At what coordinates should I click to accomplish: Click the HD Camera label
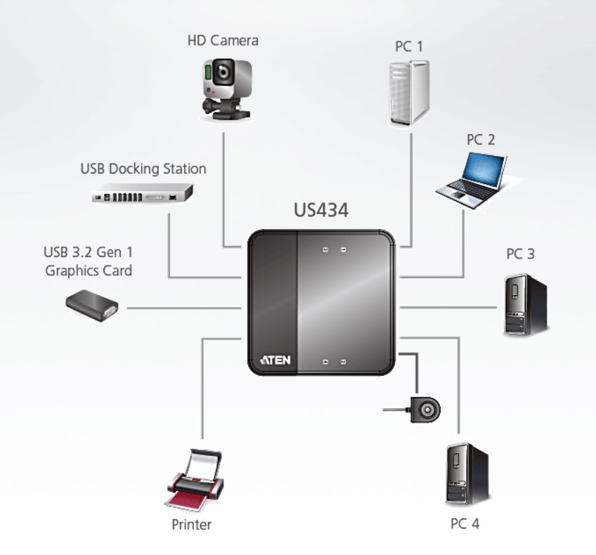[223, 41]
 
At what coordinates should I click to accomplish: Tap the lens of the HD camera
[224, 72]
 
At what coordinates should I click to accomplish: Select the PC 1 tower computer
[409, 93]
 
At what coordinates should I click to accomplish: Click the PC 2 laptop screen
[484, 169]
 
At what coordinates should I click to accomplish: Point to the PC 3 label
[520, 254]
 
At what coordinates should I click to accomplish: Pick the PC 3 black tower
[526, 305]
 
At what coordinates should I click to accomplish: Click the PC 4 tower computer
[467, 474]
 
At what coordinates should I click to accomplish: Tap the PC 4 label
[465, 524]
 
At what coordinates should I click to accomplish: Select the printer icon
[195, 480]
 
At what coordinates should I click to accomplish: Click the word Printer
[191, 525]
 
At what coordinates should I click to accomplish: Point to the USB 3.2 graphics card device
[91, 306]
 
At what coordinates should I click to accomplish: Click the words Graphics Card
[89, 271]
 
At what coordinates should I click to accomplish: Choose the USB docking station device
[142, 193]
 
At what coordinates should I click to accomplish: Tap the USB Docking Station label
[143, 169]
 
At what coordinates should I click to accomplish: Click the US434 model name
[320, 210]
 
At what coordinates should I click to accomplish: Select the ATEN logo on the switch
[276, 360]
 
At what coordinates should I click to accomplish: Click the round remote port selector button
[426, 410]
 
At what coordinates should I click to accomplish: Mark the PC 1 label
[408, 46]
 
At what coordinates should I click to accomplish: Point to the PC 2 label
[481, 140]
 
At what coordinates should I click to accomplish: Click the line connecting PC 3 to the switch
[448, 307]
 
